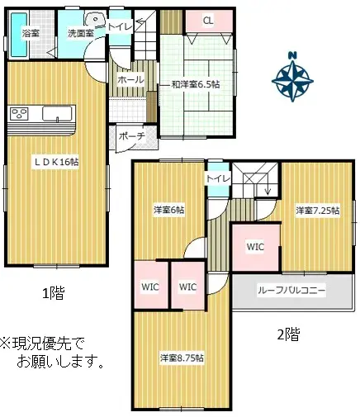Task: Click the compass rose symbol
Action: pos(292,78)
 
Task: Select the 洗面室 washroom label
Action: pos(80,34)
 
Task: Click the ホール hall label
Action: pos(131,80)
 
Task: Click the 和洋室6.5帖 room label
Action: pos(195,84)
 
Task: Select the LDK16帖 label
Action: pos(55,163)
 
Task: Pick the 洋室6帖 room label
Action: pos(168,211)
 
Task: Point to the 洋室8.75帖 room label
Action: pos(182,358)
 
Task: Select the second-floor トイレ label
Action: pos(217,178)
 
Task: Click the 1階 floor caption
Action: pos(54,292)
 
